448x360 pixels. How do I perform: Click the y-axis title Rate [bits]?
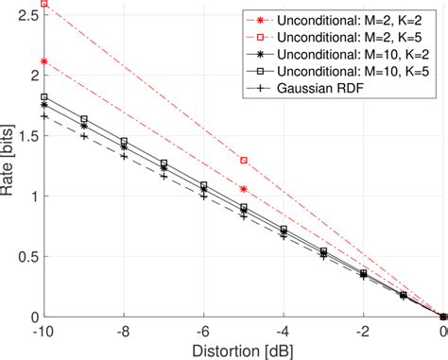pos(9,162)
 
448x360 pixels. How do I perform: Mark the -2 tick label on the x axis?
pos(362,332)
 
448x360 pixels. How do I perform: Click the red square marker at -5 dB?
pos(244,161)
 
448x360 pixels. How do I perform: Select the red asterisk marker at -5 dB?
pos(244,189)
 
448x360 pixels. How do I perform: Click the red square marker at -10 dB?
pos(44,4)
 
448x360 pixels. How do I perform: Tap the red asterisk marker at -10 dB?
pos(44,61)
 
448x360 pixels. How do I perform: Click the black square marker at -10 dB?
pos(44,97)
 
